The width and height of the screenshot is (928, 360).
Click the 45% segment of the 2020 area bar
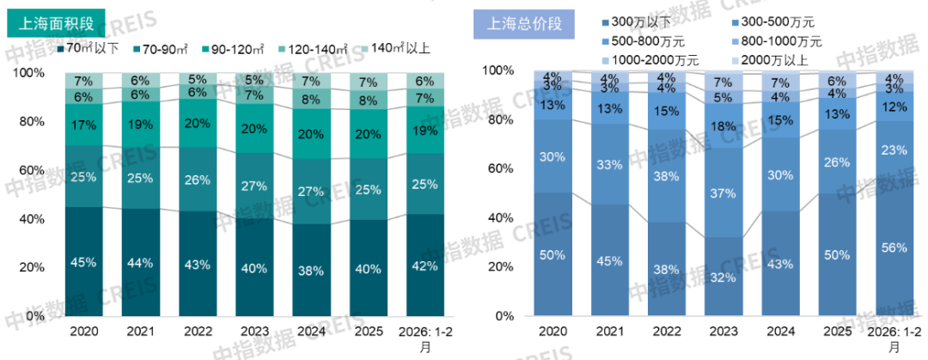click(x=83, y=262)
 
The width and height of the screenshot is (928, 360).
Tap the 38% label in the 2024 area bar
click(x=310, y=271)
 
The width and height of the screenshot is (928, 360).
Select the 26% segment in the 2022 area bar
click(x=197, y=179)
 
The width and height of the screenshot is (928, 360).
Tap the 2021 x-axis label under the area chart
click(x=140, y=331)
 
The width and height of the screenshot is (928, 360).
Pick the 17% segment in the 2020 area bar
click(x=83, y=125)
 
